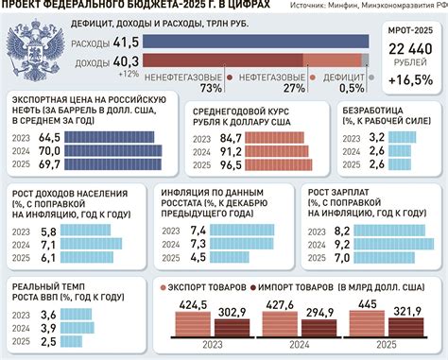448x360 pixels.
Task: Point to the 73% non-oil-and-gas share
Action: pos(211,89)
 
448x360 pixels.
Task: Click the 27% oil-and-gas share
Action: pos(294,89)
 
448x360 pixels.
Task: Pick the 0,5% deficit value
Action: pos(352,89)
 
